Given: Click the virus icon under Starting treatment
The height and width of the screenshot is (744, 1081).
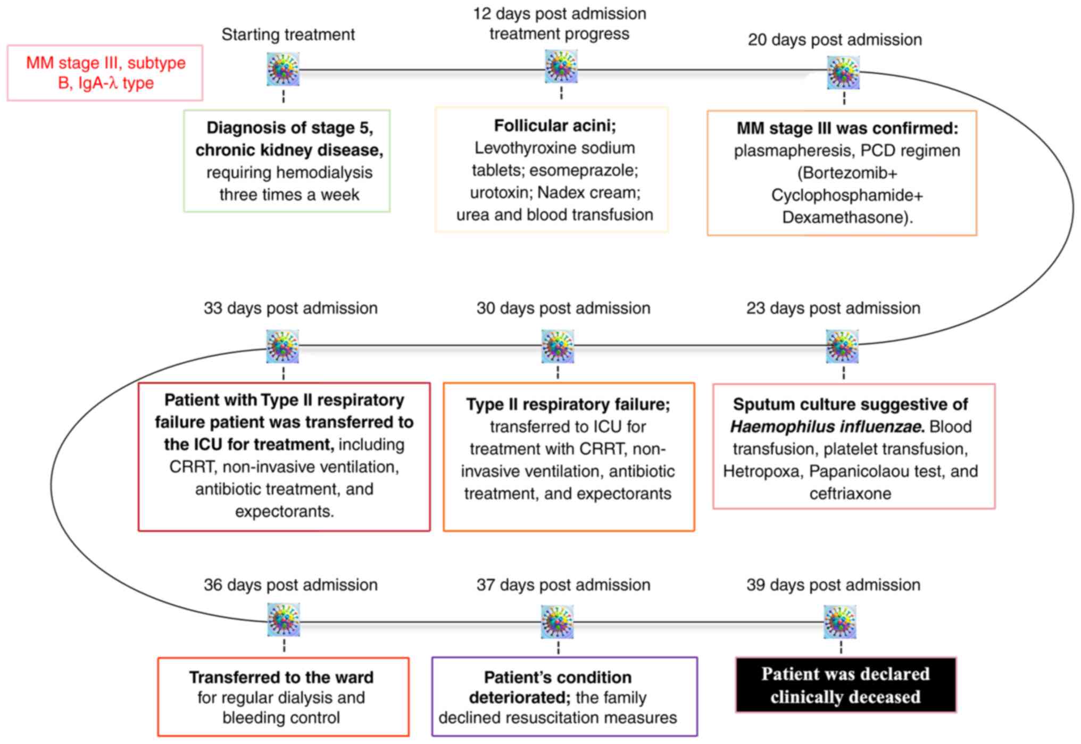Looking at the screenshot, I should [283, 69].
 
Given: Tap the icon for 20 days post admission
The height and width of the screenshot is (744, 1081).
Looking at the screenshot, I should [843, 73].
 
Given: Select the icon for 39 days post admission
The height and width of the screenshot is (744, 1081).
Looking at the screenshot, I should [840, 622].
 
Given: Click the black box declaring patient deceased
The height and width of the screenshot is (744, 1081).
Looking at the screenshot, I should [845, 685].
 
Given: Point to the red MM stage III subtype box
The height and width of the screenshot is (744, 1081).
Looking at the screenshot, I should [105, 73].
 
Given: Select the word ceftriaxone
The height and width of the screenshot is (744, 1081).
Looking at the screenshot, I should [850, 494].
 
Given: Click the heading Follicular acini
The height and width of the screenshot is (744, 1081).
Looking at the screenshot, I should [554, 126].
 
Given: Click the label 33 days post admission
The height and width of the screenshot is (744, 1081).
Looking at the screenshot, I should [290, 308].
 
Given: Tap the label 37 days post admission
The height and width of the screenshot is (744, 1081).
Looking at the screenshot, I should [563, 584].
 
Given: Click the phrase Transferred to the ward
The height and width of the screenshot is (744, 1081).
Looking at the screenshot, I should [281, 677].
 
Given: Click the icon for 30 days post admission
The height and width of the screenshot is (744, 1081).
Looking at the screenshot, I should [558, 346].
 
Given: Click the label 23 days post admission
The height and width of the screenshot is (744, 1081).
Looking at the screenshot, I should [833, 308].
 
